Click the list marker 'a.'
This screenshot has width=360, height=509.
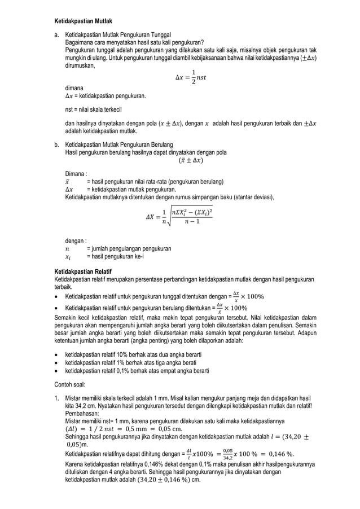point(57,35)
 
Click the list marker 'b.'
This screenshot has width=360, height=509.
point(57,144)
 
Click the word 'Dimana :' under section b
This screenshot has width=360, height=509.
point(76,174)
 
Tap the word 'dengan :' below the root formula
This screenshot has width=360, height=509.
point(76,241)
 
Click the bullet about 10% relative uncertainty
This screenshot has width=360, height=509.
point(133,354)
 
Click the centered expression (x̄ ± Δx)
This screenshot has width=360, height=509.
point(191,160)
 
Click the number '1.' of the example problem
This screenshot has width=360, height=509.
point(57,398)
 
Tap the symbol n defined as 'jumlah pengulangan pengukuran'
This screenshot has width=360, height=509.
point(68,248)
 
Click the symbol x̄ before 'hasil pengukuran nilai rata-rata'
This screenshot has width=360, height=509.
point(68,182)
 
